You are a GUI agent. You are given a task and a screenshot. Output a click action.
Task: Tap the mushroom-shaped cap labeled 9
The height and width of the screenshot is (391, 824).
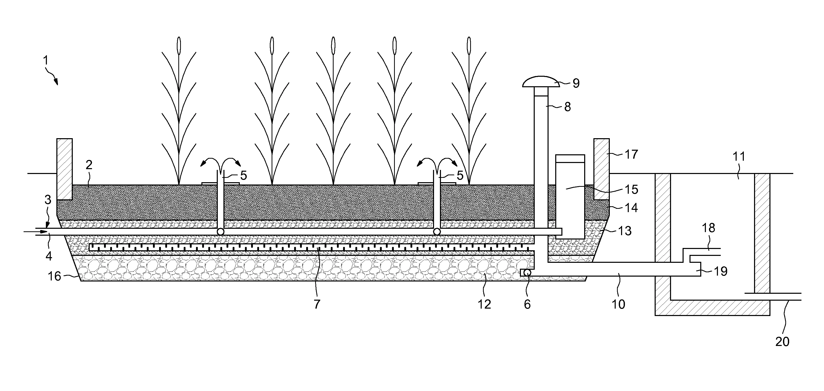pyautogui.click(x=541, y=82)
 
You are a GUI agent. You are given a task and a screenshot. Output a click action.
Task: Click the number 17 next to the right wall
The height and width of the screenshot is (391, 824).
pyautogui.click(x=631, y=155)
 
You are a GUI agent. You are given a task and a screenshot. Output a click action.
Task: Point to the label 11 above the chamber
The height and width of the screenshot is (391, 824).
pyautogui.click(x=739, y=157)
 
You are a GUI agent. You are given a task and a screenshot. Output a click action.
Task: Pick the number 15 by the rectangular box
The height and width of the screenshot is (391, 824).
pyautogui.click(x=631, y=189)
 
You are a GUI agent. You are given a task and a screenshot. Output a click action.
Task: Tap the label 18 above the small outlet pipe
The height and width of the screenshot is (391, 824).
pyautogui.click(x=708, y=228)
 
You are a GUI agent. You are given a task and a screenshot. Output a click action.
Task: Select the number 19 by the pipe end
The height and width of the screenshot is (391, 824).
pyautogui.click(x=720, y=271)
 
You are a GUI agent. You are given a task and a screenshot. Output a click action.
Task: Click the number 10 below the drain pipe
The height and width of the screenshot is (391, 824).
pyautogui.click(x=618, y=305)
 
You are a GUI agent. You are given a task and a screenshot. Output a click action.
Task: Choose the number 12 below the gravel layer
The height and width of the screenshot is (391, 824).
pyautogui.click(x=484, y=305)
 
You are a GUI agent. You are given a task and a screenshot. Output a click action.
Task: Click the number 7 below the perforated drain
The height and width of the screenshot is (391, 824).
pyautogui.click(x=317, y=305)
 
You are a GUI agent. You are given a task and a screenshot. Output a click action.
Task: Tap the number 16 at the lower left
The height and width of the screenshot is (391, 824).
pyautogui.click(x=54, y=276)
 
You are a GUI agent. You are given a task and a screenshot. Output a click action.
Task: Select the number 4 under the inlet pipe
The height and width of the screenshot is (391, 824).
pyautogui.click(x=49, y=256)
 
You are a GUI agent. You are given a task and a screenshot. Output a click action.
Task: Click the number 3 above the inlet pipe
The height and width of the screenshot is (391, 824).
pyautogui.click(x=48, y=200)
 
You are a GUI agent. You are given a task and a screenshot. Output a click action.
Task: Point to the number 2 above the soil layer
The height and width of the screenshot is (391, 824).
pyautogui.click(x=89, y=165)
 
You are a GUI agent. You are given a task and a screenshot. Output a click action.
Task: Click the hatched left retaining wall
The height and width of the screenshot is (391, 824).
pyautogui.click(x=65, y=169)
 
